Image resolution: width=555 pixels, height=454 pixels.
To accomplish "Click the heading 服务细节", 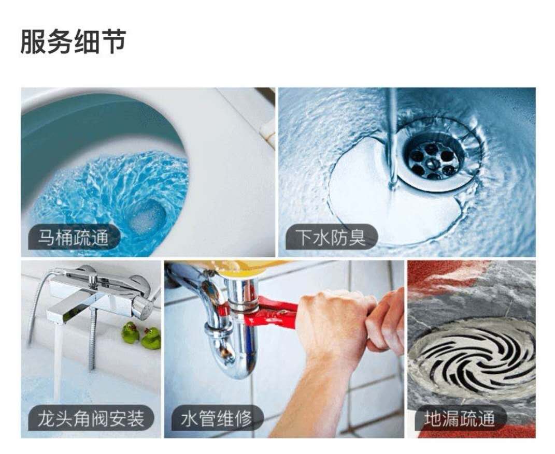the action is (73, 42).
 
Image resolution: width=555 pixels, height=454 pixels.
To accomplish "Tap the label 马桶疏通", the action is (73, 237).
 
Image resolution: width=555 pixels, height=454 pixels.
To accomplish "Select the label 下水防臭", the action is (331, 237).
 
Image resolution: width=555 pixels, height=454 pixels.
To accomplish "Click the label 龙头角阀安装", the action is (91, 418).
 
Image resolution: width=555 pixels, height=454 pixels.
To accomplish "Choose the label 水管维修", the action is (216, 418).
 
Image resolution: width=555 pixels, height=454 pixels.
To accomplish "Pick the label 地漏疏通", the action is (459, 418).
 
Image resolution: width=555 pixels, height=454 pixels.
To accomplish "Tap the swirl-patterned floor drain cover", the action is (474, 357).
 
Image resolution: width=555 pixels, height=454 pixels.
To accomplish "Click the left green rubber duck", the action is (130, 332).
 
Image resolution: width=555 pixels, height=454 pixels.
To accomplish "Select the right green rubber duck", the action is (151, 338).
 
